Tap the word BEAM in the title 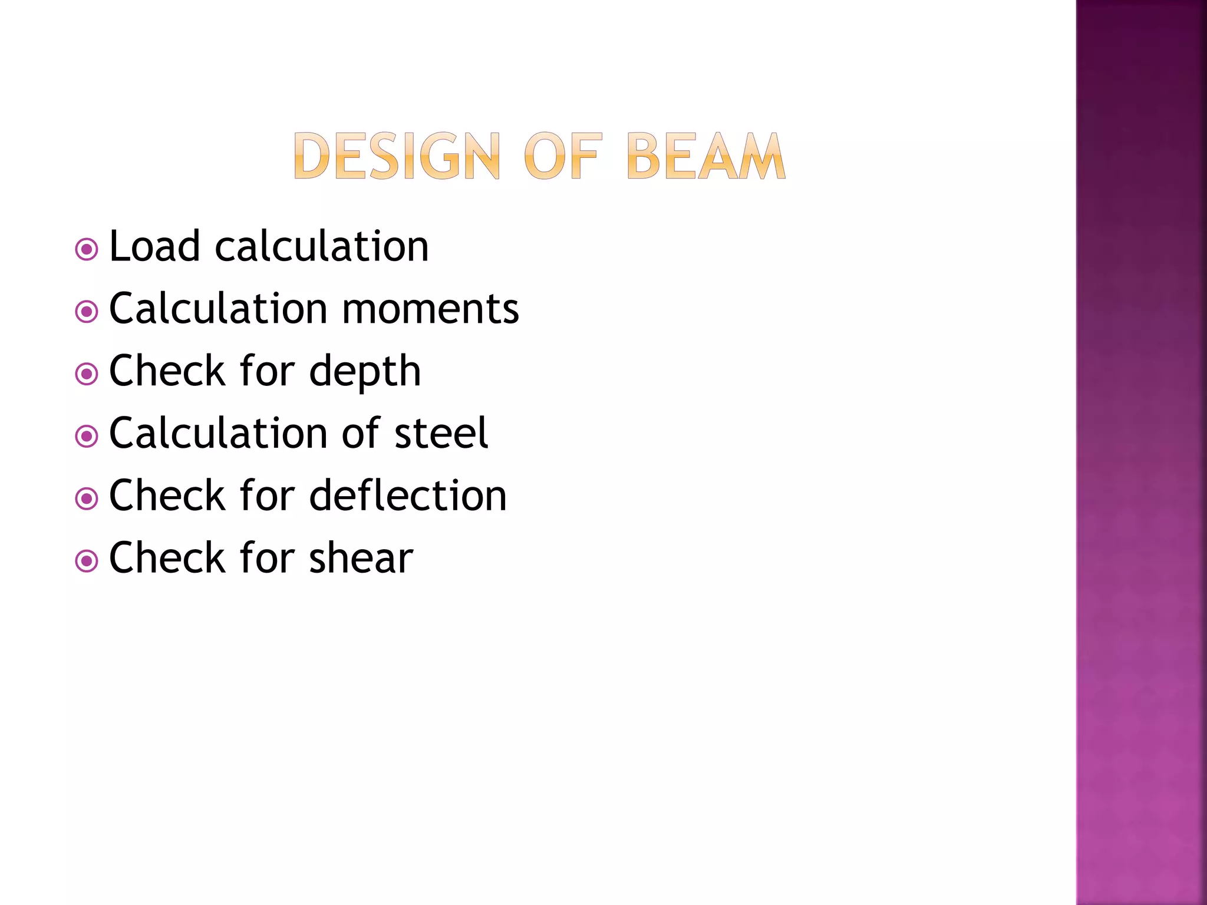[705, 156]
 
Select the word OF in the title [563, 156]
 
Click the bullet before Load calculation [87, 249]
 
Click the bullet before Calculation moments [87, 312]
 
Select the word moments [430, 309]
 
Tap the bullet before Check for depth [87, 374]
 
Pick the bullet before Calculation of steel [87, 436]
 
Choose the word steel [441, 434]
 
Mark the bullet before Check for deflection [87, 498]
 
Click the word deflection [408, 496]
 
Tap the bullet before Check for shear [87, 561]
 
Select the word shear [361, 559]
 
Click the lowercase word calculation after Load [322, 246]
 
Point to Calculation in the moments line [218, 309]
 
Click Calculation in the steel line [218, 434]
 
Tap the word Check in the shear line [167, 559]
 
